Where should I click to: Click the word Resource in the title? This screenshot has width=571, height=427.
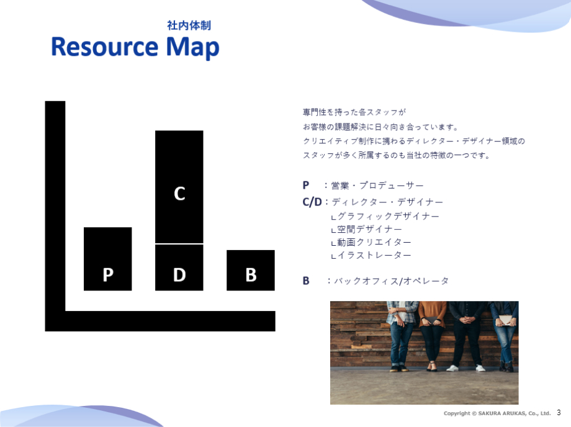click(105, 47)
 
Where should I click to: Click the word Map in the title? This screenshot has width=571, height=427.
click(192, 48)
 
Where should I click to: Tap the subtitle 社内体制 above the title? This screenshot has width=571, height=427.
click(189, 25)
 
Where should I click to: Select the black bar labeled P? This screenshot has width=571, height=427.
click(108, 259)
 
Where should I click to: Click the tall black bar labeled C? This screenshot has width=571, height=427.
click(179, 187)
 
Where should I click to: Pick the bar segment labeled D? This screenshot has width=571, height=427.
click(179, 267)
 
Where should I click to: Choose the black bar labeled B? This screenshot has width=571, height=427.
click(251, 270)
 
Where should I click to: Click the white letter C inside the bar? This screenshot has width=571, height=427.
click(179, 194)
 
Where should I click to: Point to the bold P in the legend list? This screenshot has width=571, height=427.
click(306, 186)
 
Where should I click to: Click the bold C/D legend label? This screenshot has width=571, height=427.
click(312, 202)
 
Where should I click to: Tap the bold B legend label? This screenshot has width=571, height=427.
click(306, 281)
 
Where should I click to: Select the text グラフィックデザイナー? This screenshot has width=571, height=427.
click(389, 216)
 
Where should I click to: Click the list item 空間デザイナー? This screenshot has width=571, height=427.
click(370, 230)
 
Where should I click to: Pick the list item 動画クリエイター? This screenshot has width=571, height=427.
click(374, 242)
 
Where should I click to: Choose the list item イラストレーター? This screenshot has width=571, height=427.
click(374, 255)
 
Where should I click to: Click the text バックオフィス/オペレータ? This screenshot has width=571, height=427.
click(391, 281)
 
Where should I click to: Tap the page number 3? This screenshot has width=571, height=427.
click(559, 413)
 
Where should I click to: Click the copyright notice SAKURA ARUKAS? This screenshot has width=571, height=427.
click(497, 413)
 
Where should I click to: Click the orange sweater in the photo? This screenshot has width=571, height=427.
click(432, 314)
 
